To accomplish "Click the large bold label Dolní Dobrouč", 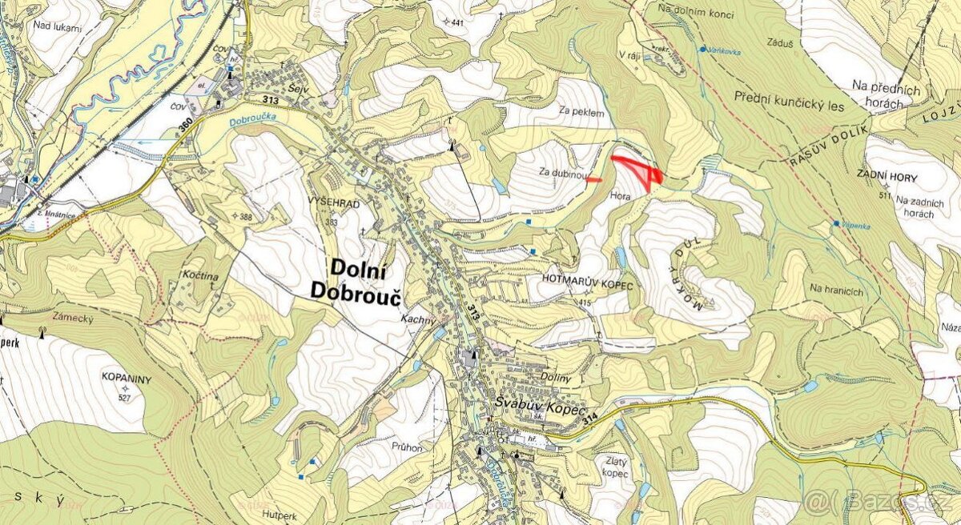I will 364,282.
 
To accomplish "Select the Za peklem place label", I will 581,113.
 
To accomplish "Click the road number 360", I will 187,126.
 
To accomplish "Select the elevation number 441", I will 457,22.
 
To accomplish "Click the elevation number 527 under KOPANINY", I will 124,398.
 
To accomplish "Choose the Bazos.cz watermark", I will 881,502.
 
